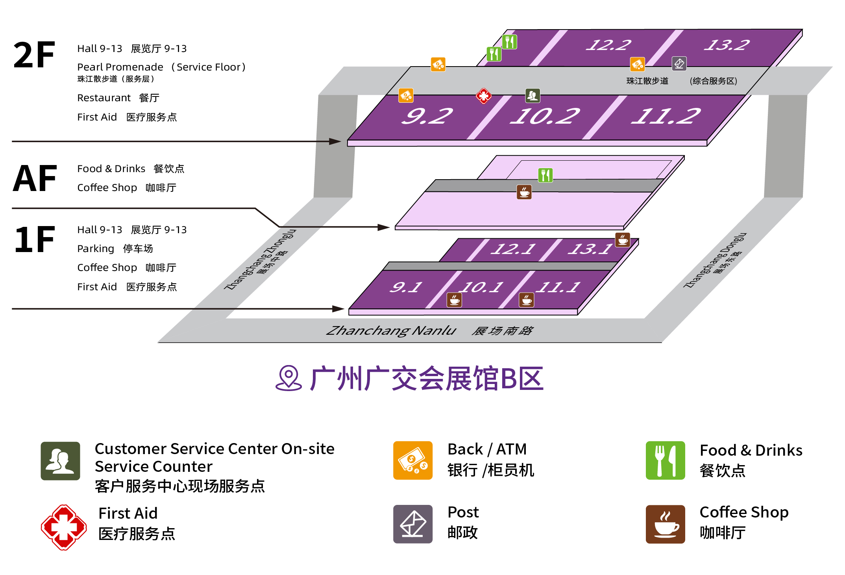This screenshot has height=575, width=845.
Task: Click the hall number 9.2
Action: coord(427,117)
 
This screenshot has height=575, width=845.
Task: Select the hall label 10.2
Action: coord(545,117)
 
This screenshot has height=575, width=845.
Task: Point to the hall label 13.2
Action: coord(727,45)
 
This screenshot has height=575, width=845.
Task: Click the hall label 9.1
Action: coord(406,287)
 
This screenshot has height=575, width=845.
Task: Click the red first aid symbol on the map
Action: coord(484,95)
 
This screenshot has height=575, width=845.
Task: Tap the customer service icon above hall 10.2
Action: coord(533,95)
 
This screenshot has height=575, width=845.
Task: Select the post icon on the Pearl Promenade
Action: coord(679,64)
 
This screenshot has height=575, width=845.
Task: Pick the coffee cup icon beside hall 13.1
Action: coord(623,239)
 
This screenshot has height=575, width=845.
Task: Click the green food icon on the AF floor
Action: coord(545,175)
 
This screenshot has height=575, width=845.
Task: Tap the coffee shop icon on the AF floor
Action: coord(524,192)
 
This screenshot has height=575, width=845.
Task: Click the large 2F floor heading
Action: coord(34,55)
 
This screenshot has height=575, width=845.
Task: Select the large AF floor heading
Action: coord(35,179)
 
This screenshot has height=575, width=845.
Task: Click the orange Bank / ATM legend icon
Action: coord(413,460)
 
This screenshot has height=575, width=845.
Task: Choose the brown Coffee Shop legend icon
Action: coord(665,524)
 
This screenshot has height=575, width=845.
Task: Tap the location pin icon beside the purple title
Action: coord(288,378)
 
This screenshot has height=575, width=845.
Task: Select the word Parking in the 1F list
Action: coord(96,249)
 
